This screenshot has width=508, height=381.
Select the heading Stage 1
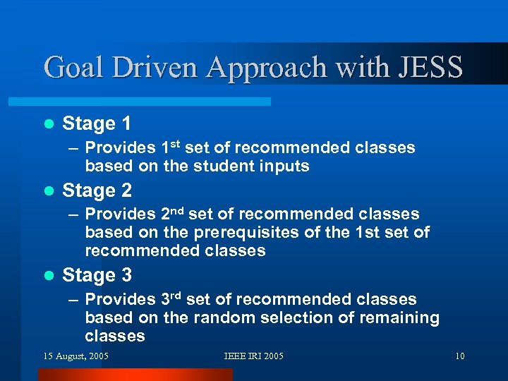pos(97,124)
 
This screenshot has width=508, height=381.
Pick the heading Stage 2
pos(97,190)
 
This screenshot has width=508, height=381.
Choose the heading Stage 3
pos(97,275)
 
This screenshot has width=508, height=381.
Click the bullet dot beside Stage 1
pos(48,124)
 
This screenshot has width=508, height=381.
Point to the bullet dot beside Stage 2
pos(48,190)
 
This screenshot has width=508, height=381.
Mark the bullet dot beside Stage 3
pos(48,275)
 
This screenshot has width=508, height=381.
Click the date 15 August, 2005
pos(76,356)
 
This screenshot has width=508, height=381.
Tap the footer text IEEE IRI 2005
pos(253,356)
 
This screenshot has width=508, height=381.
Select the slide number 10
pos(459,356)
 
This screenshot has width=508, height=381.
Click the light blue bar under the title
pos(155,102)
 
